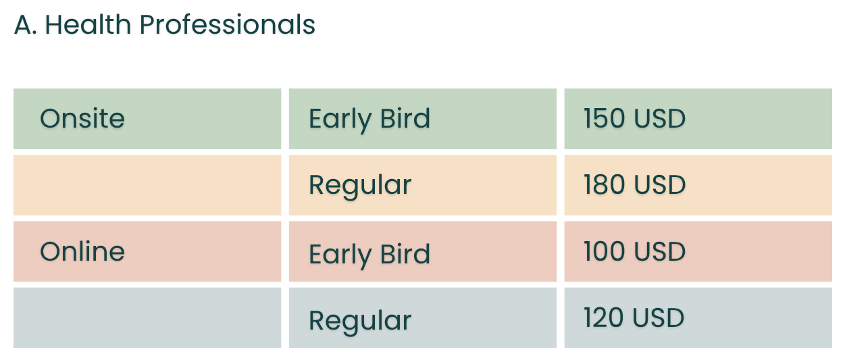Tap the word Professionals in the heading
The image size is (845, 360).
[228, 25]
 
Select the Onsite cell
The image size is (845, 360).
[147, 119]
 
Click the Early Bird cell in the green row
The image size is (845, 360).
[423, 119]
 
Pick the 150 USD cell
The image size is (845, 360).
[698, 119]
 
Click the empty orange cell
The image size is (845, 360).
[147, 185]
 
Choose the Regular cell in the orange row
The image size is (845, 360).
[423, 185]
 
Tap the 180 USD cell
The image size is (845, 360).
[698, 185]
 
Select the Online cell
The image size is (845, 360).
[147, 251]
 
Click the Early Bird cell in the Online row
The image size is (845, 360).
[423, 251]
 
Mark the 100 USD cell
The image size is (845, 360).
[698, 251]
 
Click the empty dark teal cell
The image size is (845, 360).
[147, 317]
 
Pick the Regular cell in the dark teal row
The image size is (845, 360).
[423, 317]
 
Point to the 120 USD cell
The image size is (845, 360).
[698, 317]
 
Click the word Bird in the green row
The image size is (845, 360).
[405, 119]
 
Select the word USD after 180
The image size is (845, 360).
[659, 185]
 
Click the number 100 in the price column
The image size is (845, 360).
[605, 251]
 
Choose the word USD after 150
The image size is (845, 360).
[659, 119]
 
